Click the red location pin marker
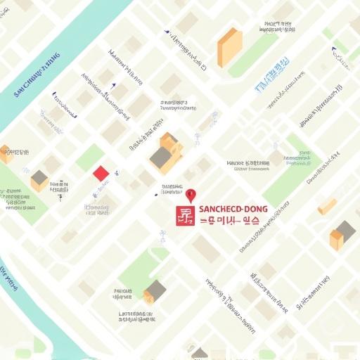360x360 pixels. click(190, 195)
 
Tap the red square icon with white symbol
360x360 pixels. click(184, 216)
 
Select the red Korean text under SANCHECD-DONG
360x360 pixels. click(229, 220)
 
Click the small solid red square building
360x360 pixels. click(101, 173)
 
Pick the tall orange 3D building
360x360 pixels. click(230, 47)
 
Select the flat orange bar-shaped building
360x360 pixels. click(327, 206)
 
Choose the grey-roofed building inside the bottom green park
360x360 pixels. click(155, 290)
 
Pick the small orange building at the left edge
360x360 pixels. click(6, 154)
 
